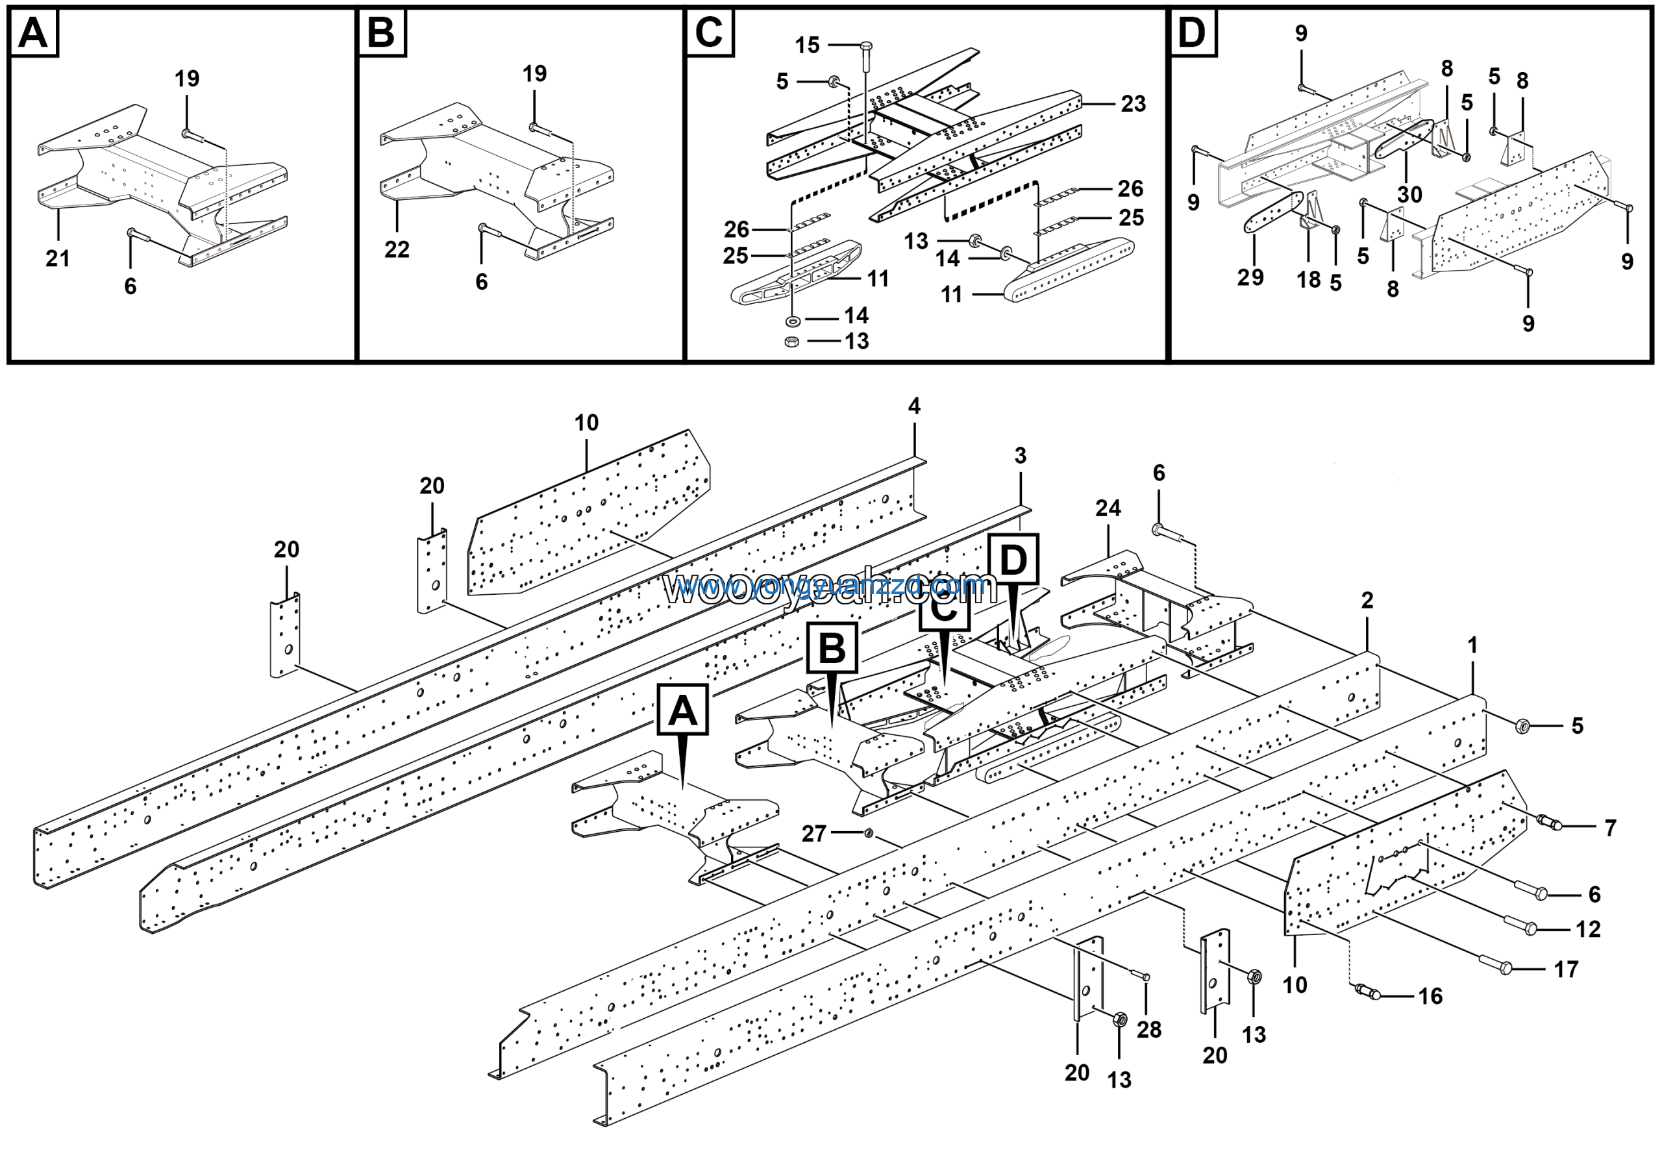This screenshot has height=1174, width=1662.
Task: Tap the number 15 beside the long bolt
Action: coord(807,45)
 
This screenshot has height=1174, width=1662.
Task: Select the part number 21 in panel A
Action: coord(58,258)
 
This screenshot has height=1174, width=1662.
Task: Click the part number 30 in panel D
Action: coord(1409,194)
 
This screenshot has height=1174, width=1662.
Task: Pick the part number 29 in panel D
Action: coord(1250,277)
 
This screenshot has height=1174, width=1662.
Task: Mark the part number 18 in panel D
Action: coord(1308,279)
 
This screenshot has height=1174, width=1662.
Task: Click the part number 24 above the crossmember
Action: coord(1108,508)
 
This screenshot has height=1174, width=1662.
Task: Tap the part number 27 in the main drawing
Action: coord(813,834)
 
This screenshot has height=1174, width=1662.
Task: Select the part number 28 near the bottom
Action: coord(1148,1029)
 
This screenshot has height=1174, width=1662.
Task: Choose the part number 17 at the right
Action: coord(1566,969)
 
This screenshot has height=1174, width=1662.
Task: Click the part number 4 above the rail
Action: coord(914,406)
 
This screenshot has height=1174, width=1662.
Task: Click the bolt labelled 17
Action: coord(1504,967)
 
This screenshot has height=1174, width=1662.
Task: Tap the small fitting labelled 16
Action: coord(1367,992)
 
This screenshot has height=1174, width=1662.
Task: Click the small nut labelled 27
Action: coord(869,834)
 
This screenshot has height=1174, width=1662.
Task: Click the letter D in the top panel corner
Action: coord(1192,32)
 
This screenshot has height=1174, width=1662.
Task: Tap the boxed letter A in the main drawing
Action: coord(682,710)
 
